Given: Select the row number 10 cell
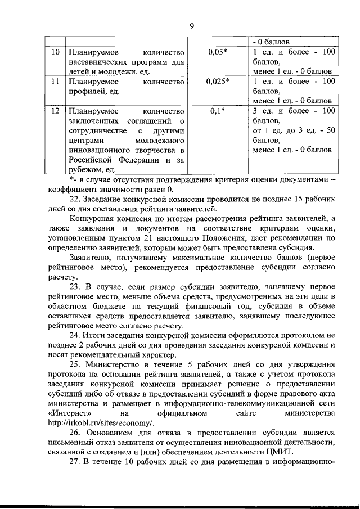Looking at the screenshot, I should [55, 52].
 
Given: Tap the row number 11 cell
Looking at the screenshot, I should [55, 82].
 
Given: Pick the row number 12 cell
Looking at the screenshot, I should [55, 111].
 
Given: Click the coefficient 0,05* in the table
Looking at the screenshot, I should [217, 52].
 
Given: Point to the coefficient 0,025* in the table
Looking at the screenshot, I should [217, 82].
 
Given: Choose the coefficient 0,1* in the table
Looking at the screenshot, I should [217, 111].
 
